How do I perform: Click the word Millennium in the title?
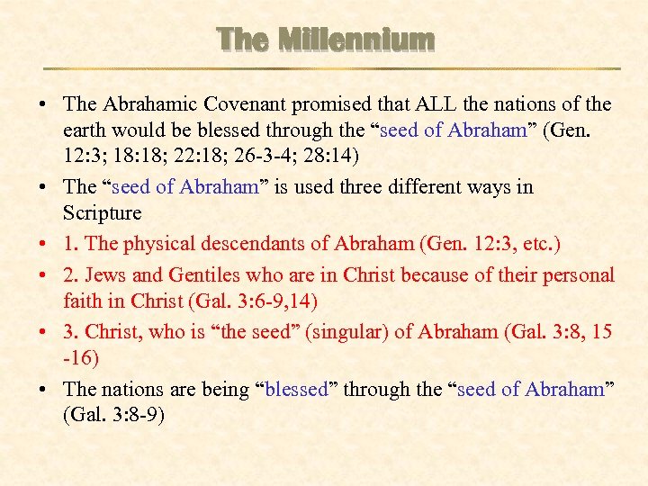[356, 40]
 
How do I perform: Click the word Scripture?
[103, 213]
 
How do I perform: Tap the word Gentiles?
[194, 275]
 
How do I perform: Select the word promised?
[355, 104]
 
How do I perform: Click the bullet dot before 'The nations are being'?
[43, 390]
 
